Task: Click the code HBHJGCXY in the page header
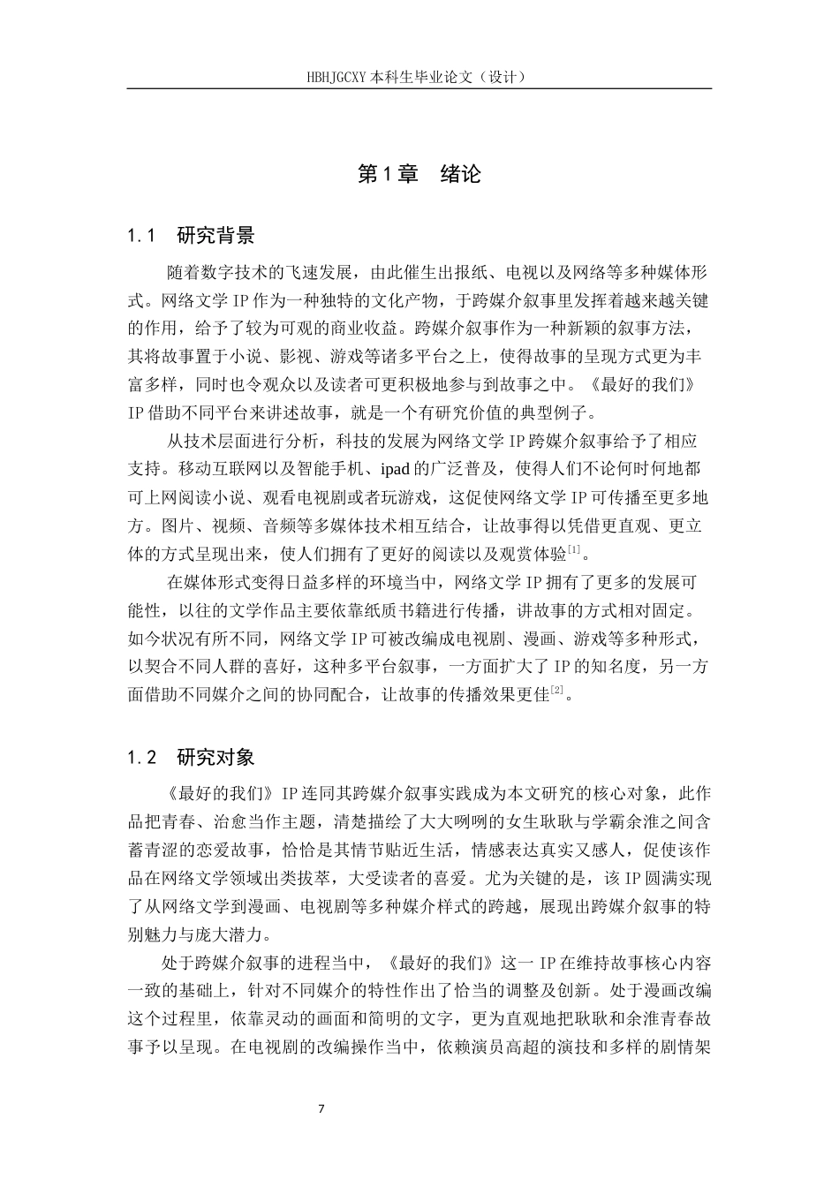338,77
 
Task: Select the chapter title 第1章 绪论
419,174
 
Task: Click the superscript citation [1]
574,550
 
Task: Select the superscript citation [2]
557,690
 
